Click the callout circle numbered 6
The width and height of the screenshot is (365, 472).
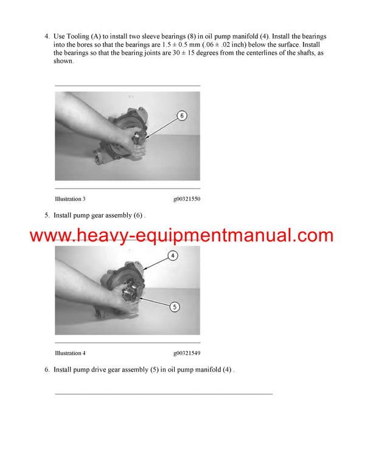[182, 115]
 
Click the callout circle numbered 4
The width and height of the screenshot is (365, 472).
[173, 256]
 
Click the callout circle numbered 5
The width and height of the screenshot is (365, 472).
[174, 307]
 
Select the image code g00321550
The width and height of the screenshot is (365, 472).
[187, 199]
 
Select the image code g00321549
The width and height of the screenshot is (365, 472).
[187, 353]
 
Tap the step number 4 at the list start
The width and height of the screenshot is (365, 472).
[47, 36]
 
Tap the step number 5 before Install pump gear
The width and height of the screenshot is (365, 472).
[47, 215]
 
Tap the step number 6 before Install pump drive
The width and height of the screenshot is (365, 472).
[47, 369]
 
